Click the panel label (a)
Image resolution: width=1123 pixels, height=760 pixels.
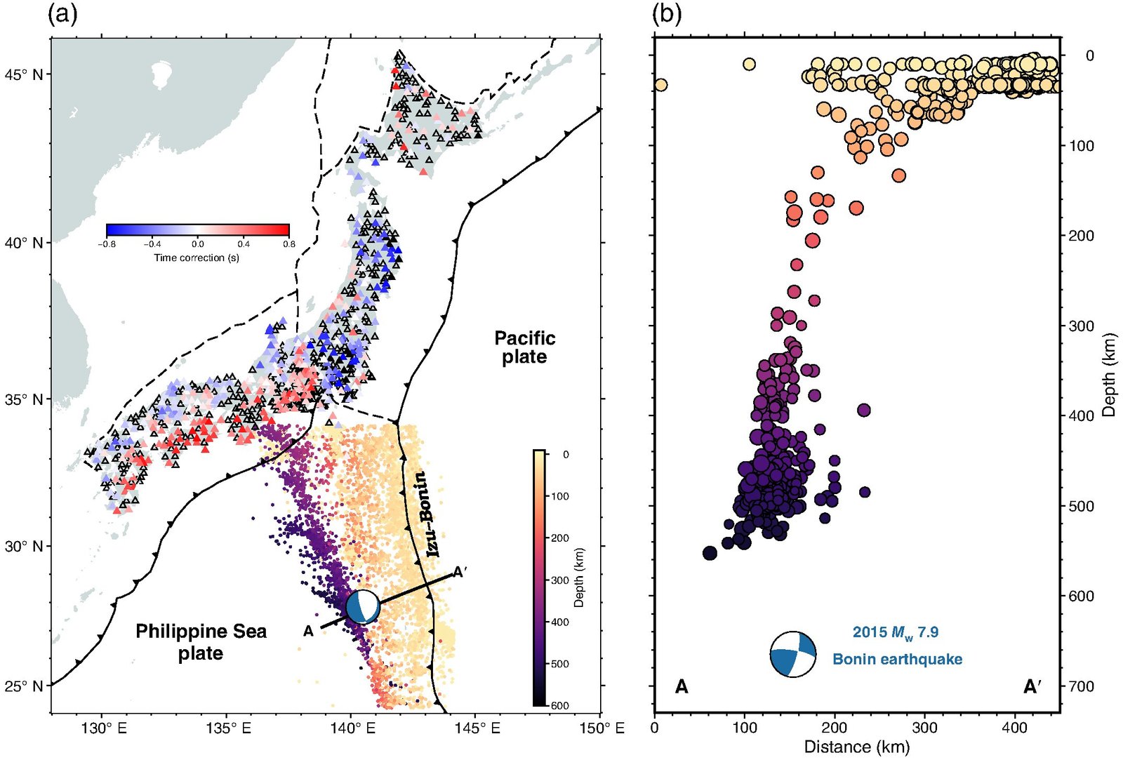point(62,14)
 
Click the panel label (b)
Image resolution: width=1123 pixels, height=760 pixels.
point(666,14)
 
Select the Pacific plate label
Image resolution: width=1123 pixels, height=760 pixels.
point(524,347)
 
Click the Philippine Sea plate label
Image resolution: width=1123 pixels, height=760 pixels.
point(201,641)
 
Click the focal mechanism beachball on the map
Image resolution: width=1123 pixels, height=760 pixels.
point(363,606)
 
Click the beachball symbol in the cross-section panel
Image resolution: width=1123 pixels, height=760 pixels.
point(793,654)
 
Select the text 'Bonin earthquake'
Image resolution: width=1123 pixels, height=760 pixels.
point(897,659)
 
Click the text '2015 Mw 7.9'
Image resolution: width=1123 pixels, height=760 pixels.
point(895,632)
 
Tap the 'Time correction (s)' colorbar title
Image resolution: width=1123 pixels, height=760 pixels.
point(197,258)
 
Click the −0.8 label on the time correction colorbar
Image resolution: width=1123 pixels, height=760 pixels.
point(107,244)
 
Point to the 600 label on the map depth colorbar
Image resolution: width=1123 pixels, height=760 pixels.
point(559,705)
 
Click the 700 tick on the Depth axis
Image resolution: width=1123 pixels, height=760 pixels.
point(1087,686)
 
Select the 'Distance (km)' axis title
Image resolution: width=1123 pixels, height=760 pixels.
point(856,747)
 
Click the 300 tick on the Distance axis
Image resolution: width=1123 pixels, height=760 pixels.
point(924,728)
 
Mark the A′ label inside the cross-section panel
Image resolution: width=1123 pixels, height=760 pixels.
point(1031,686)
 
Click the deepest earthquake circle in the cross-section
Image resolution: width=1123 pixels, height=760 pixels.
point(710,553)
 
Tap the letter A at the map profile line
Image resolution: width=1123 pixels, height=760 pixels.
point(308,632)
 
